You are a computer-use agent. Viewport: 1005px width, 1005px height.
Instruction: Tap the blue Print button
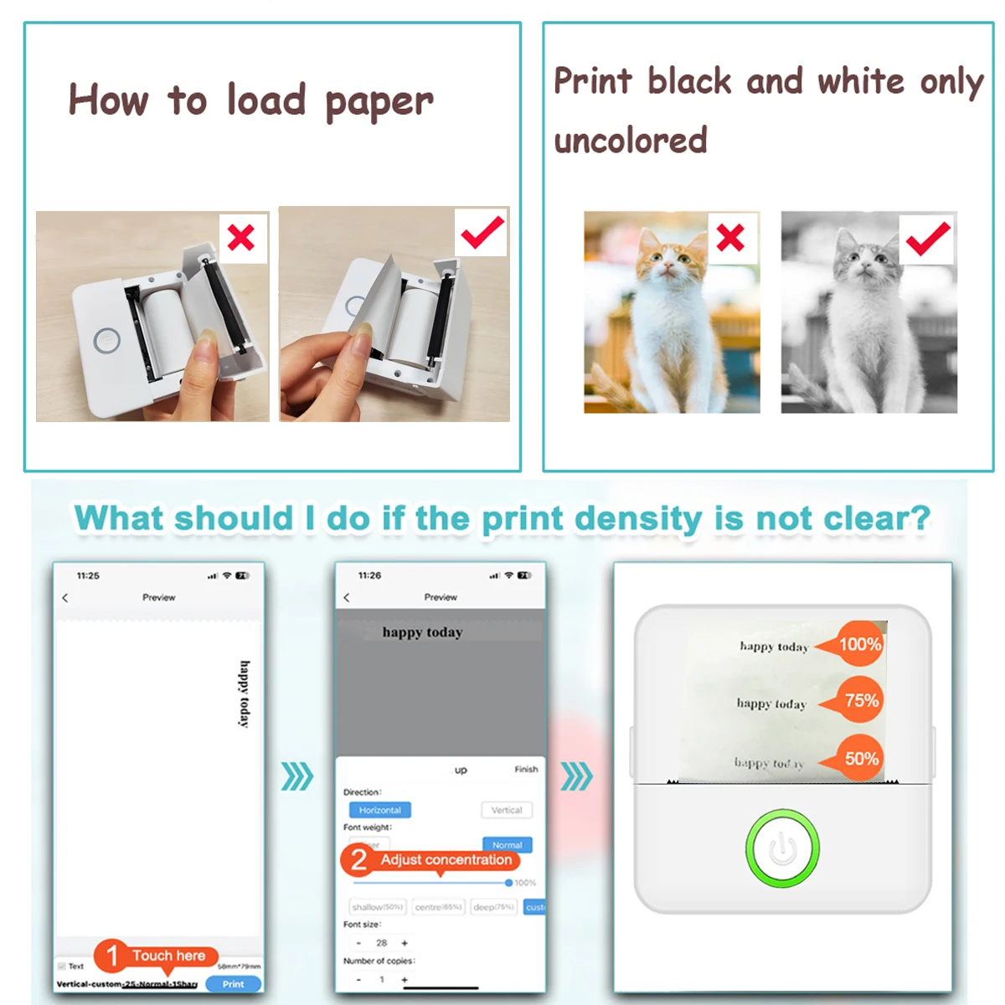pyautogui.click(x=233, y=984)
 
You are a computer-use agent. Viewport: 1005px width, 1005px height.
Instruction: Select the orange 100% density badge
pyautogui.click(x=858, y=644)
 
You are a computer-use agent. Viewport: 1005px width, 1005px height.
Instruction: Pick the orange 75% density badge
pyautogui.click(x=859, y=700)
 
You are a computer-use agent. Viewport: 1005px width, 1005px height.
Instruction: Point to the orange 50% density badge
pyautogui.click(x=859, y=759)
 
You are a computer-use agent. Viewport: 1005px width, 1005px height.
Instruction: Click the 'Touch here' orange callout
pyautogui.click(x=167, y=956)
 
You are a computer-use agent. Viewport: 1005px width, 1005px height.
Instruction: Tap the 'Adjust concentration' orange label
pyautogui.click(x=445, y=860)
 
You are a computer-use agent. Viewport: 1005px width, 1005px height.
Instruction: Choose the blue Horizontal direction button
pyautogui.click(x=379, y=810)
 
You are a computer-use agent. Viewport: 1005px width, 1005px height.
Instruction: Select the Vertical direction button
pyautogui.click(x=506, y=810)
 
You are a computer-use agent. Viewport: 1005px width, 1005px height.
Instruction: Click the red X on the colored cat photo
pyautogui.click(x=730, y=238)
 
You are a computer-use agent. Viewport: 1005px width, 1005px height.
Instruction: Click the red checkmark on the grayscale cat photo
pyautogui.click(x=927, y=239)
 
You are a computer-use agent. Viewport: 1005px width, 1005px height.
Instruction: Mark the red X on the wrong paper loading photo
pyautogui.click(x=241, y=238)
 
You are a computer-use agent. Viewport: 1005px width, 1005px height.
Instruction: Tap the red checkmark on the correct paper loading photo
pyautogui.click(x=482, y=232)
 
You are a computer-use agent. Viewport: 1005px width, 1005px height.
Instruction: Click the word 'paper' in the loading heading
pyautogui.click(x=379, y=102)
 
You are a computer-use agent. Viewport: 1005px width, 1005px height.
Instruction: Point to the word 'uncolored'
pyautogui.click(x=631, y=141)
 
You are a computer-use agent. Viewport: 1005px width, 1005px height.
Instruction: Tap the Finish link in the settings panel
pyautogui.click(x=526, y=769)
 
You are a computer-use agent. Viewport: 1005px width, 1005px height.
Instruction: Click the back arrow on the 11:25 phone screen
pyautogui.click(x=65, y=597)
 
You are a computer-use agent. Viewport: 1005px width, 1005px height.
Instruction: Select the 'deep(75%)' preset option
pyautogui.click(x=494, y=907)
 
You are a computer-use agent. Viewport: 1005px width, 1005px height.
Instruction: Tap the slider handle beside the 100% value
pyautogui.click(x=508, y=883)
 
